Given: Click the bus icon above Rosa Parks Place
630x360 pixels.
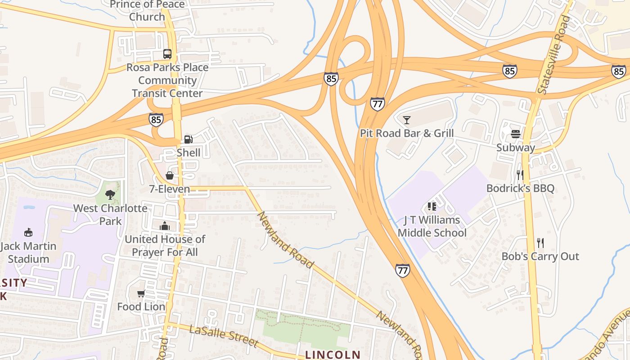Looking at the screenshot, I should (167, 54).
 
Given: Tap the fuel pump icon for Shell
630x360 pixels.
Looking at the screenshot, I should (189, 139).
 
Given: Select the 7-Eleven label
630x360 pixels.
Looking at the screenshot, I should (170, 189).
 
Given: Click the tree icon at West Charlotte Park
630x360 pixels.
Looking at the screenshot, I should (110, 194).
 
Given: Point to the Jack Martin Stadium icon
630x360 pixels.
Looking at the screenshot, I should (28, 232).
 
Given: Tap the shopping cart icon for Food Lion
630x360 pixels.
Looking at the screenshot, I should (141, 293).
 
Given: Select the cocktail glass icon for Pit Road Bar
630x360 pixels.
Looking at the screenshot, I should (407, 120).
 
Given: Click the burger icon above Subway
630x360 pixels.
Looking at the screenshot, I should (516, 134).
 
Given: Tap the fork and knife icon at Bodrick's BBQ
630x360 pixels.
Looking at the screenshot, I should (520, 175).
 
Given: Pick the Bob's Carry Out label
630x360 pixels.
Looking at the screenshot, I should (540, 256).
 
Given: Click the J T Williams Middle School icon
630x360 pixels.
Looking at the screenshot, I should (432, 207).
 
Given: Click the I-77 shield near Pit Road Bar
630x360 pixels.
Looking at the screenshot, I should (378, 104).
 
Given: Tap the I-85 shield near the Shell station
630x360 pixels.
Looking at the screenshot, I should (156, 119).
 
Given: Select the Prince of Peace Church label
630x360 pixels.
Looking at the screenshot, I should (147, 10).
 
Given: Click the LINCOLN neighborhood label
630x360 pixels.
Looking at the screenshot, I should (333, 355).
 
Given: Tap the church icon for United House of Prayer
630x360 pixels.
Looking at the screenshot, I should (165, 225).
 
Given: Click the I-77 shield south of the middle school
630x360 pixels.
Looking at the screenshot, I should (403, 270).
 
